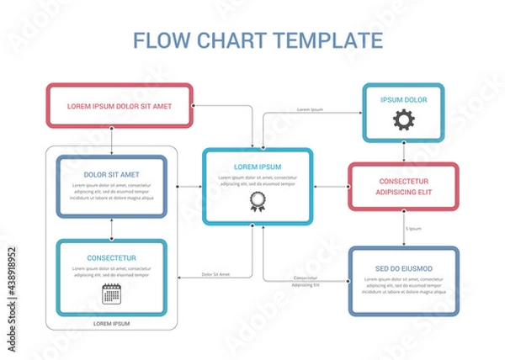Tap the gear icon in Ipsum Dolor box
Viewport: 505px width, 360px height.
click(403, 120)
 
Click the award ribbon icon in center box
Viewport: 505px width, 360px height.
click(257, 203)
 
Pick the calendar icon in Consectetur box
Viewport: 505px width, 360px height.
click(111, 294)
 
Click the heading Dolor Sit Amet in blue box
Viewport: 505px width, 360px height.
click(111, 175)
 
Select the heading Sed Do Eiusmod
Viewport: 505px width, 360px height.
click(403, 268)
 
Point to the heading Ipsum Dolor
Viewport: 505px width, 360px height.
click(403, 99)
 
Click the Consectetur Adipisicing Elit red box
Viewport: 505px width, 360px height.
click(403, 187)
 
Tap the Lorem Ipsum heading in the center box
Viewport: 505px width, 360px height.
click(258, 167)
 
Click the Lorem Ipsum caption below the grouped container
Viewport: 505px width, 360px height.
click(111, 323)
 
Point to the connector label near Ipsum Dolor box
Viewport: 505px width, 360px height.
click(311, 110)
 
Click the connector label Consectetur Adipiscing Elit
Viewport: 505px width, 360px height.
click(306, 282)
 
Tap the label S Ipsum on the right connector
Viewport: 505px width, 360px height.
click(413, 229)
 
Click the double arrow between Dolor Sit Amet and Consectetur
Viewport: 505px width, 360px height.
click(111, 229)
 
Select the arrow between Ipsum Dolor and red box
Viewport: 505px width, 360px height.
click(403, 152)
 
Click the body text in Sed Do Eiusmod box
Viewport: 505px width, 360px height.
click(403, 289)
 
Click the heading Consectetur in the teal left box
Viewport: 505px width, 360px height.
click(111, 257)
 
